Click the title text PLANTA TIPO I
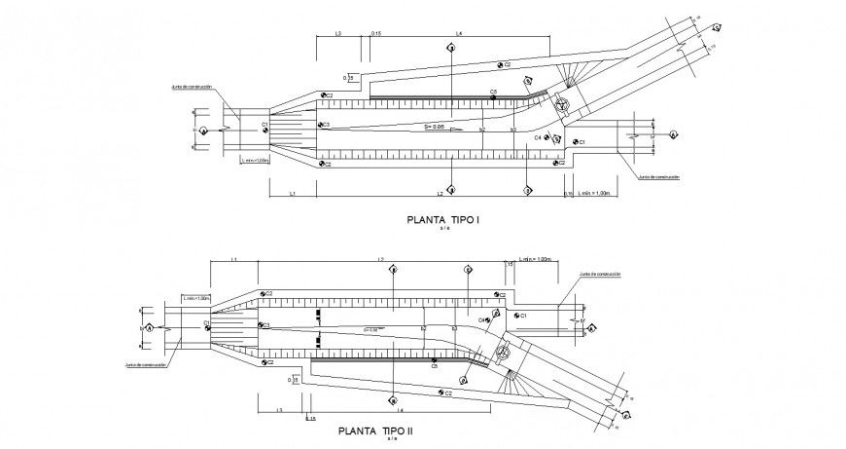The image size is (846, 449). point(442,221)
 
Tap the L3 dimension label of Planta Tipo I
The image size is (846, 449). point(336,34)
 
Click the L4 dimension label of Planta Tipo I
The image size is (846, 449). point(458,34)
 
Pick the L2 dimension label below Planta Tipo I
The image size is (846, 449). point(440,194)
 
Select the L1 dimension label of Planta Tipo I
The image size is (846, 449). point(292,194)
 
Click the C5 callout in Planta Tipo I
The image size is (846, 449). point(493,92)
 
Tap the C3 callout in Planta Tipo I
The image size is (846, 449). point(326,125)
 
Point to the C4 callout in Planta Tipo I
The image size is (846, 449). point(538,138)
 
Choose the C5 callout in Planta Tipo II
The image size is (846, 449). point(434,366)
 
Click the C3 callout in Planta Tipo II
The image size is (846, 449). point(265,325)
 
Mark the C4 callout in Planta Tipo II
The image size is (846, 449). point(481,319)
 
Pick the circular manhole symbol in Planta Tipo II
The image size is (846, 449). point(503,352)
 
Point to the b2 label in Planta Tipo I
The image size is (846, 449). point(483,129)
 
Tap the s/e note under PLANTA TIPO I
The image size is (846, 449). point(443,231)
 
